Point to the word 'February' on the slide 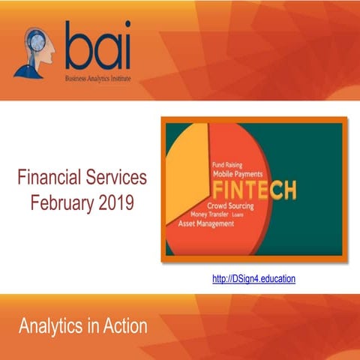click(63, 201)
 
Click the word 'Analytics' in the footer click(52, 326)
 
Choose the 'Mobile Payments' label click(241, 172)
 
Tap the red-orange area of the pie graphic click(225, 240)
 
